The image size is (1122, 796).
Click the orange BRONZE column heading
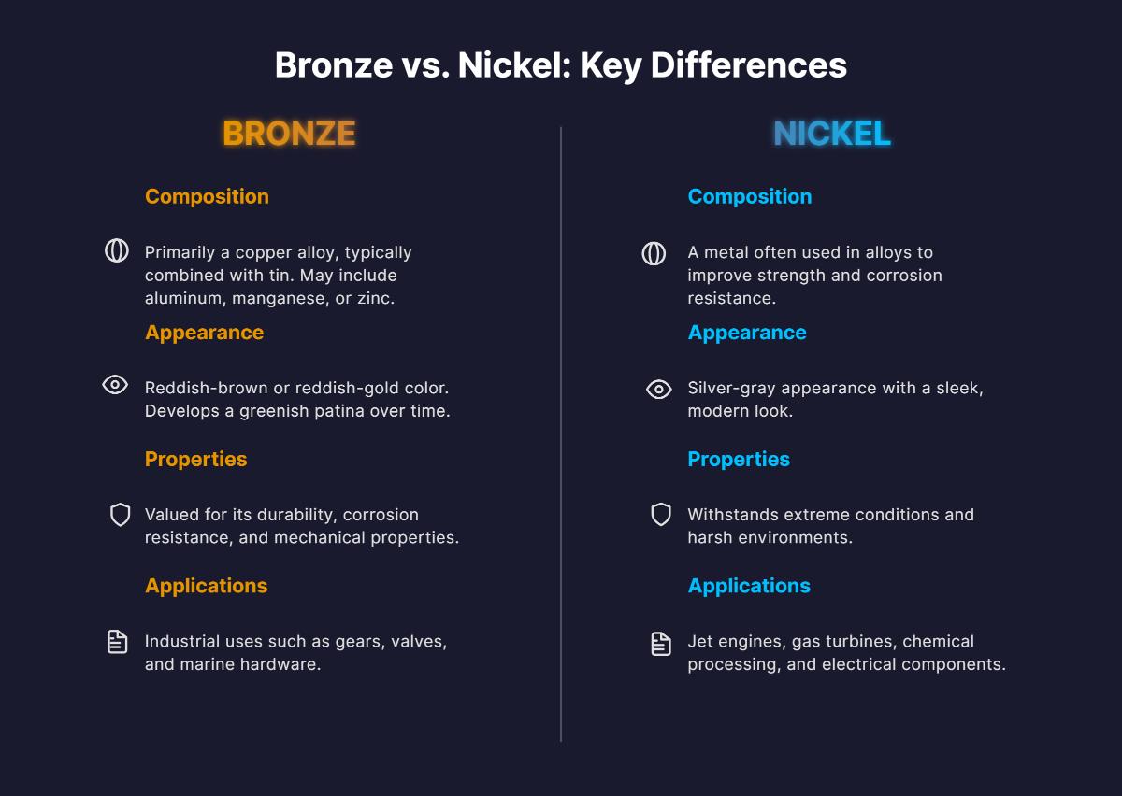pos(289,134)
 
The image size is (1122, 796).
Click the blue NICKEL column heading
pos(831,134)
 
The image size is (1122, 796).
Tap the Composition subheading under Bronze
pos(207,196)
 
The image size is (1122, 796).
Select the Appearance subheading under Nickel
pos(747,333)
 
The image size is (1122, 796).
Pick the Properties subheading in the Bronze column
pos(195,459)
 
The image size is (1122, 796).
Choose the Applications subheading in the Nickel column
pos(749,586)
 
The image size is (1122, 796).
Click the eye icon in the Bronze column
pos(115,385)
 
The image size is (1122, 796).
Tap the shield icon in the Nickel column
pos(661,514)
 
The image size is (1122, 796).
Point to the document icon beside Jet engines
pos(661,643)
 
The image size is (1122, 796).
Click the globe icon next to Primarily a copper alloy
pos(116,250)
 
